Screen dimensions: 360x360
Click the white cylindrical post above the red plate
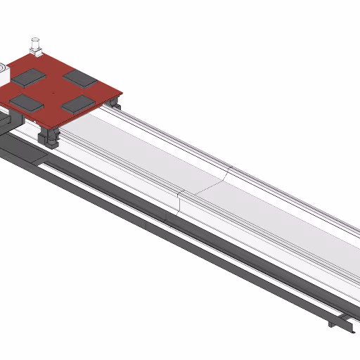click(x=34, y=44)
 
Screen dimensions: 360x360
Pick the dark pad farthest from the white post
click(x=77, y=104)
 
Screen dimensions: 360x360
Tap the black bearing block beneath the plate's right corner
click(x=114, y=103)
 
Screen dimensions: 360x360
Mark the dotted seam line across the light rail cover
click(x=207, y=186)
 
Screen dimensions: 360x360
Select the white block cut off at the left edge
click(x=3, y=73)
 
